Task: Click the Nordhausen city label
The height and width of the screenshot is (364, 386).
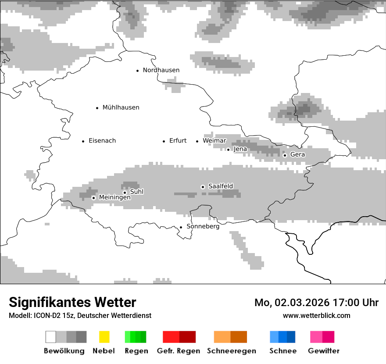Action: [161, 70]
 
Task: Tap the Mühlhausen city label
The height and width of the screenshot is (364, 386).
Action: [121, 107]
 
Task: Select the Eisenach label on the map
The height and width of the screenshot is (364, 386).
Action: [102, 141]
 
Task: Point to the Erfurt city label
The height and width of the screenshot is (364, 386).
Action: [178, 141]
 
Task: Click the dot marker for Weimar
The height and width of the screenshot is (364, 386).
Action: [197, 141]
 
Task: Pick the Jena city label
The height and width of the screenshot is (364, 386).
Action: [240, 149]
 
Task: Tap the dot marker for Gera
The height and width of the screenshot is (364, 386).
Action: [285, 155]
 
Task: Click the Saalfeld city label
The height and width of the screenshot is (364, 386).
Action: [221, 186]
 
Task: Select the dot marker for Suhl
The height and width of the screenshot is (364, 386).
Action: [125, 192]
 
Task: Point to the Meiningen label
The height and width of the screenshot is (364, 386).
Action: [114, 198]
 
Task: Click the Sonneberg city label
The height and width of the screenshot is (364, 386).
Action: [203, 227]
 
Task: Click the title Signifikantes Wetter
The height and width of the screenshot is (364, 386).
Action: [72, 303]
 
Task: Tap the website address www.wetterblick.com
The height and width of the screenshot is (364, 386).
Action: [316, 316]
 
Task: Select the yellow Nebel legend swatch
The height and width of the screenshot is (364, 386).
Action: [104, 337]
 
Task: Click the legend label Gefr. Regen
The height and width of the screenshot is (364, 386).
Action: [179, 351]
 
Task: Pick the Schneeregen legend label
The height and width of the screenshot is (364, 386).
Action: [231, 351]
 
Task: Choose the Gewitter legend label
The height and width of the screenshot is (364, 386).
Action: [324, 351]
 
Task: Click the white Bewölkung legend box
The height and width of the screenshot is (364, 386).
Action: [51, 337]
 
